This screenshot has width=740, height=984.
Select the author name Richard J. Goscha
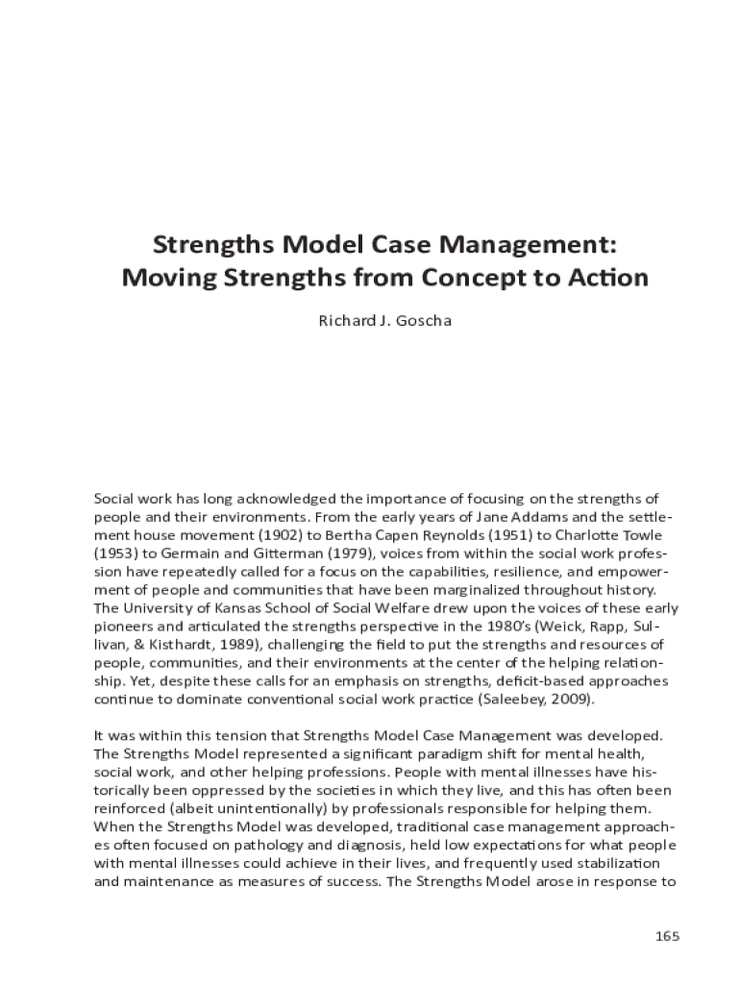384,320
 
